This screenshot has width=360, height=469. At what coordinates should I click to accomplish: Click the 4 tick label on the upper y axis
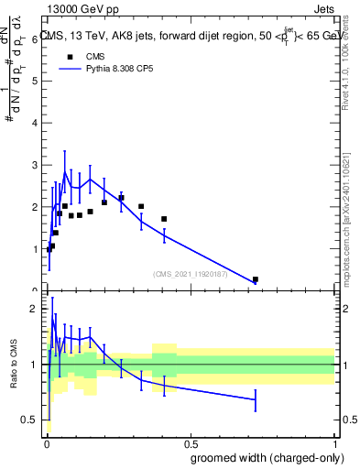pyautogui.click(x=33, y=124)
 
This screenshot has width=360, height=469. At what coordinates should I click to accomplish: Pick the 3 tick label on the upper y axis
pyautogui.click(x=33, y=166)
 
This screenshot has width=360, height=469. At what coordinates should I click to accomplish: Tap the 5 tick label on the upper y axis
pyautogui.click(x=33, y=82)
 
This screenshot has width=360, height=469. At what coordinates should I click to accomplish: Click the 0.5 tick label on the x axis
pyautogui.click(x=191, y=442)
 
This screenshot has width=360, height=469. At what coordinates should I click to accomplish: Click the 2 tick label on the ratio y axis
pyautogui.click(x=33, y=310)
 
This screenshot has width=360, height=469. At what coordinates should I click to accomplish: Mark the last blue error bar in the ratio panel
pyautogui.click(x=255, y=399)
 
